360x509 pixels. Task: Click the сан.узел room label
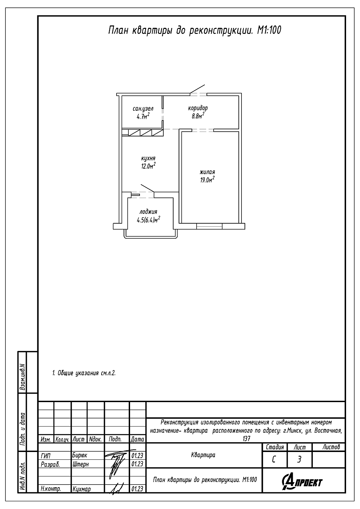coord(143,109)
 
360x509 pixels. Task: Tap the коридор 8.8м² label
coord(198,112)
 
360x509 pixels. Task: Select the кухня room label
coord(148,158)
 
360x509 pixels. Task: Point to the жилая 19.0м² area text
coord(208,176)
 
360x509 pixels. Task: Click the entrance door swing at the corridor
coord(197,89)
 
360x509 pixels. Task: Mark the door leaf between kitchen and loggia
coord(148,188)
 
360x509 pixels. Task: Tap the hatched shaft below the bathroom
coord(143,132)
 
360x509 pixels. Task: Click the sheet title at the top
coord(195,31)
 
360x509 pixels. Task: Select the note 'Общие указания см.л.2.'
coord(84,373)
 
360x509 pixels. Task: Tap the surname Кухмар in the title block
coord(82,489)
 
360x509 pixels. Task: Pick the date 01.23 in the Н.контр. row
coord(137,489)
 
